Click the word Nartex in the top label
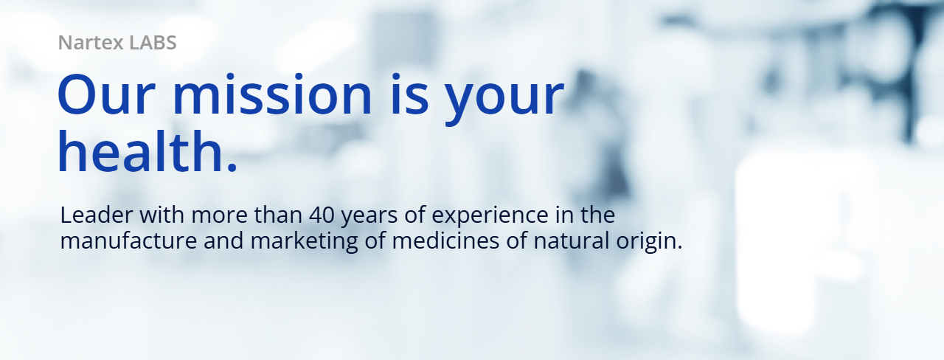[x=91, y=43]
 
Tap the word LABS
[x=153, y=43]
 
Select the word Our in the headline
[x=106, y=94]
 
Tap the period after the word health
[x=232, y=167]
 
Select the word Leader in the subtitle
[x=97, y=215]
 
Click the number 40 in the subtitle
[x=322, y=215]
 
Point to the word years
[x=369, y=217]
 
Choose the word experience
[x=490, y=217]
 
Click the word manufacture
[x=128, y=241]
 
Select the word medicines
[x=446, y=241]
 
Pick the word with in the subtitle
[x=162, y=215]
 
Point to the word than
[x=278, y=215]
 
